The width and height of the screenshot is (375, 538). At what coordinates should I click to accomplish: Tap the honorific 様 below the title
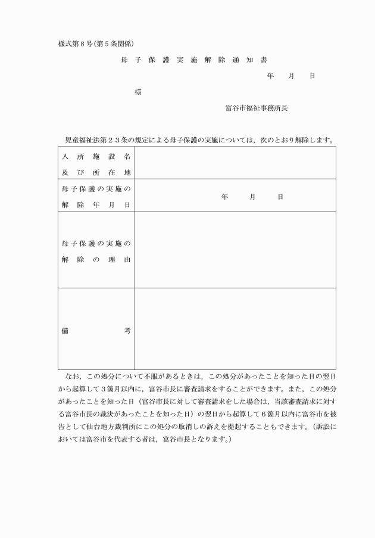point(138,92)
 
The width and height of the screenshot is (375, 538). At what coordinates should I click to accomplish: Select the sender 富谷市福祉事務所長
point(257,108)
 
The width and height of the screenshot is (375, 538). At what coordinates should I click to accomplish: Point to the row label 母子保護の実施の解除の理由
point(96,252)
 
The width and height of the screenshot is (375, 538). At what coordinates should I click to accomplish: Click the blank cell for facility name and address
point(235,163)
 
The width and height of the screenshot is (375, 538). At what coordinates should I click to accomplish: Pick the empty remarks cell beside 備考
point(235,329)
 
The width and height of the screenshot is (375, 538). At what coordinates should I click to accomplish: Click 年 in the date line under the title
point(271,77)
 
